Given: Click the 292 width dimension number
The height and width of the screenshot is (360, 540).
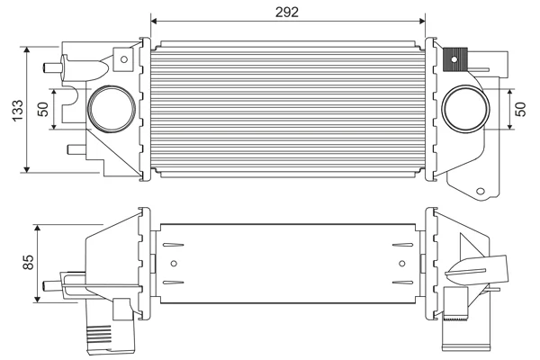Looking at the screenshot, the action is pos(287,12).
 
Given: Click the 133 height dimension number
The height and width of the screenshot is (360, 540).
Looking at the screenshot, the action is pos(18,110).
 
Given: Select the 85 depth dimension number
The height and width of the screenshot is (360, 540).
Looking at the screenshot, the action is pos(28,262).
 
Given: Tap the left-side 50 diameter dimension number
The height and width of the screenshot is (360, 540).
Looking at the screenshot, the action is pos(43,109).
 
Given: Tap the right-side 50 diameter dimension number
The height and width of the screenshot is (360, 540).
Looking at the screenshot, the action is pos(521,109).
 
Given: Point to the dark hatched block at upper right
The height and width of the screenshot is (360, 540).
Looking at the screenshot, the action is pos(454,59).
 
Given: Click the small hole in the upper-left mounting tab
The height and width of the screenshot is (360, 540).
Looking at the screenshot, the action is pos(124,59).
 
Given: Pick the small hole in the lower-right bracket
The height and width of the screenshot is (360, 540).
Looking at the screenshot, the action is pos(481,191).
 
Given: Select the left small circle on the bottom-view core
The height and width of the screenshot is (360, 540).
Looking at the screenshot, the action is pos(174,264).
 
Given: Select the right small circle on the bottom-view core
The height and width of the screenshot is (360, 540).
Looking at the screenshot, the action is pos(402,264).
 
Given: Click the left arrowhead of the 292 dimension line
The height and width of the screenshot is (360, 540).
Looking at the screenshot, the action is pos(154,22).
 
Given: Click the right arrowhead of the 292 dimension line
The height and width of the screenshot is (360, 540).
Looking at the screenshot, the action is pos(422,22).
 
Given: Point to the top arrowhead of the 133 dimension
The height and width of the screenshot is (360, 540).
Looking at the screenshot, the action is pos(27,50).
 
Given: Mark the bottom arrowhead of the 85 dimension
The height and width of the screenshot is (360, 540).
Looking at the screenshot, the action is pos(38,299).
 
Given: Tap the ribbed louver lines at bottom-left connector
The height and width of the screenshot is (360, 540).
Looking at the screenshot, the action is pos(98,334).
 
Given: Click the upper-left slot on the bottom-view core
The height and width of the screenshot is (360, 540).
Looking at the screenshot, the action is pos(173,246).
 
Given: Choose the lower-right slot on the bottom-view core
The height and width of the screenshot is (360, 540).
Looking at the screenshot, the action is pos(402,283).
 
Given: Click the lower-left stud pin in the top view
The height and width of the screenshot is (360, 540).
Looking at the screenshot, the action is pos(76,149).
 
